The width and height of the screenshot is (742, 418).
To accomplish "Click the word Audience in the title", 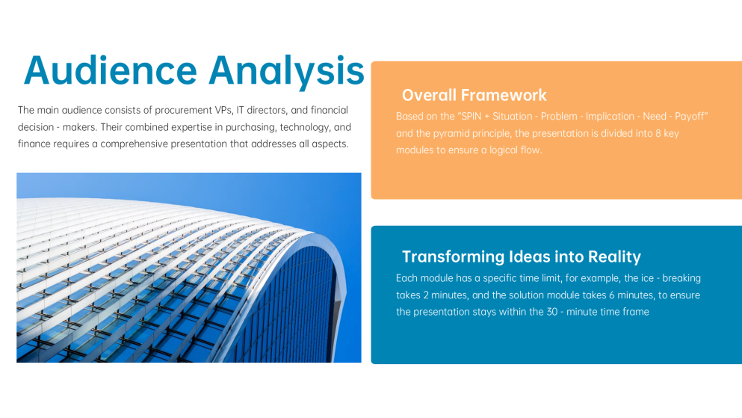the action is click(x=111, y=70).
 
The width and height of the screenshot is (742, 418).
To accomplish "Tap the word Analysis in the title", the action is click(x=286, y=73).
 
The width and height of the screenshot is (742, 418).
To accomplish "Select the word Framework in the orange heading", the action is click(x=504, y=95).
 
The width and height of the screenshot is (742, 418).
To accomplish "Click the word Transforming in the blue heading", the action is click(x=454, y=257).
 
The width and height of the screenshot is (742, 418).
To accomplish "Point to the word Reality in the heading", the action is click(x=614, y=257).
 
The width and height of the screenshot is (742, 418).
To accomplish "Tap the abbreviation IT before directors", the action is click(x=241, y=110).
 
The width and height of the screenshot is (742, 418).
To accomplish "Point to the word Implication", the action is click(x=610, y=117).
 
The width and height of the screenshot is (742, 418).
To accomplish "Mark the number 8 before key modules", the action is click(x=658, y=134).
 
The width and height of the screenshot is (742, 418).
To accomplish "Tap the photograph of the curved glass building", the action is click(x=189, y=268).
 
